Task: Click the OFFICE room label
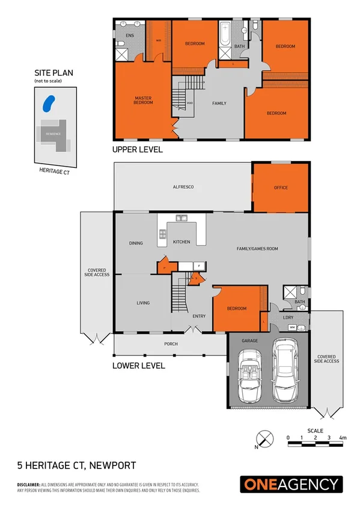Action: click(x=281, y=188)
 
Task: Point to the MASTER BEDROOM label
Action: click(x=143, y=100)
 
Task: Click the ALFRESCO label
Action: click(x=183, y=188)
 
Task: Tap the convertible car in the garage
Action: click(x=248, y=377)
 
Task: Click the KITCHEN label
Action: click(x=182, y=242)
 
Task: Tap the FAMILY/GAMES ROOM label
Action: click(x=257, y=248)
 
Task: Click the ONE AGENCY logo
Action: click(x=291, y=484)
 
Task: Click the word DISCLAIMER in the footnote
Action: click(x=28, y=484)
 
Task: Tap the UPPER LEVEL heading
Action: click(x=138, y=150)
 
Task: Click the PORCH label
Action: click(x=171, y=344)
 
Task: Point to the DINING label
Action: click(x=136, y=243)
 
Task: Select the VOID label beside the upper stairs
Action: click(x=190, y=103)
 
